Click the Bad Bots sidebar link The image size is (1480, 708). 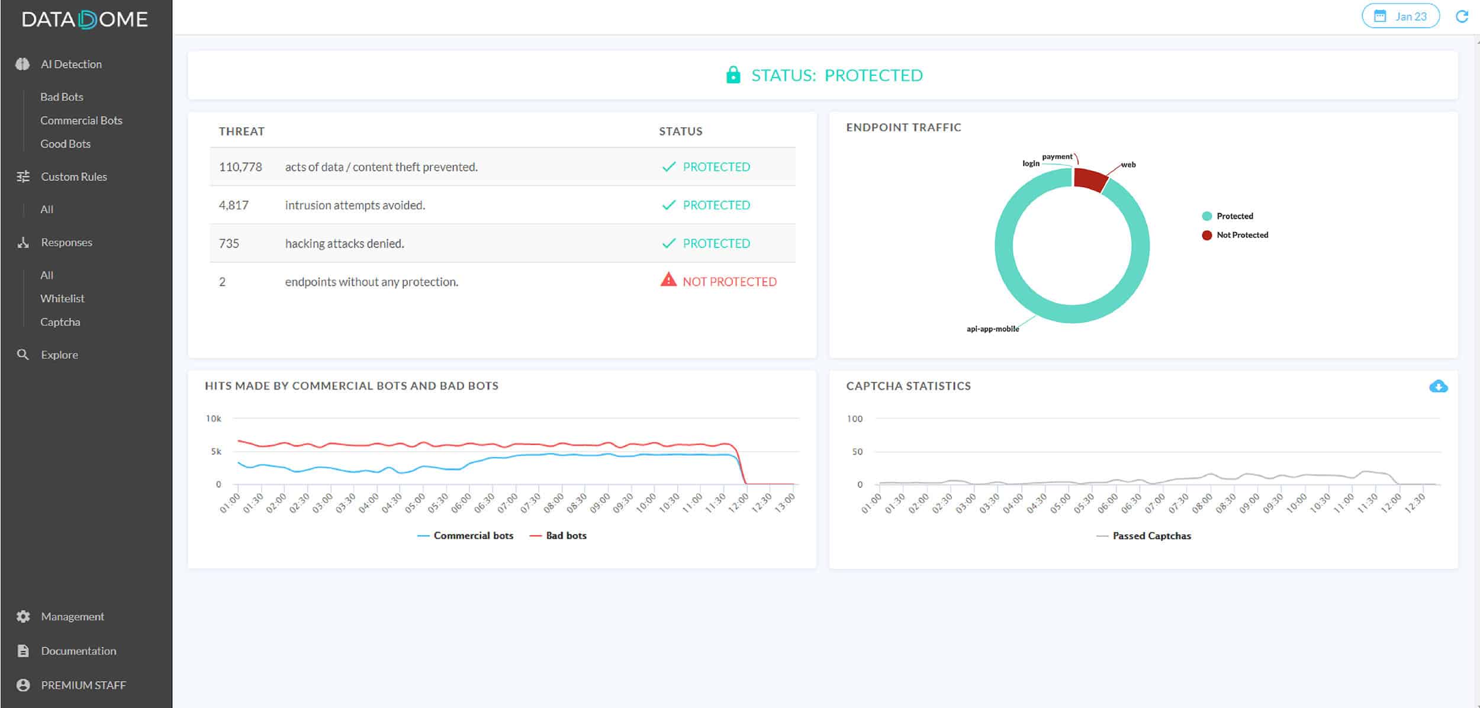62,96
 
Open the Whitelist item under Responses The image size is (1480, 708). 62,298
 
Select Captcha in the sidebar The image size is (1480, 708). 60,322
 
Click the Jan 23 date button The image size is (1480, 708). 1400,17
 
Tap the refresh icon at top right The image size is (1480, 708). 1462,17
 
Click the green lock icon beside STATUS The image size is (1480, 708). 733,75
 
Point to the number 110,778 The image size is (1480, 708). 240,167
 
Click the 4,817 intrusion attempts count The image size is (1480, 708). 234,205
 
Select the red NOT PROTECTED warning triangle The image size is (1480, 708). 668,280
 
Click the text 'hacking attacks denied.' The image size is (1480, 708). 345,244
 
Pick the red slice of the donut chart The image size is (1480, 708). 1090,179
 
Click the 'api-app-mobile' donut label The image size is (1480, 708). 993,329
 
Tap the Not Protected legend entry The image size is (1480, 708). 1241,235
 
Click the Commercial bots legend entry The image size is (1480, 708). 472,536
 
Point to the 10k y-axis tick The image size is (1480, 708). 214,419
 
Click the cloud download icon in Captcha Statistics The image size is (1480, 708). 1438,387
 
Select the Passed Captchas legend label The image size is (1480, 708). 1151,536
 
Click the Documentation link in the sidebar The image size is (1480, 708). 78,651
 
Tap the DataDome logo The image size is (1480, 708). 85,20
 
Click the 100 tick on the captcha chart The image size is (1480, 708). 854,419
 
